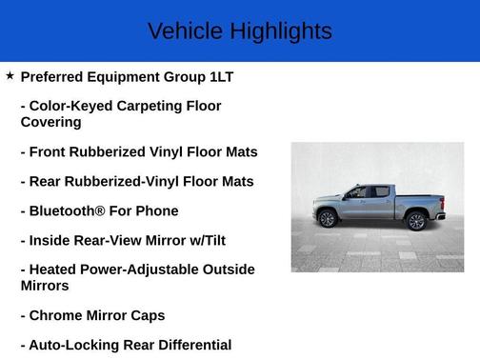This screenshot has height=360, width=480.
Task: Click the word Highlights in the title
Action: pos(279,31)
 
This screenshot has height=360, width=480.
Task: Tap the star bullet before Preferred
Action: pos(10,75)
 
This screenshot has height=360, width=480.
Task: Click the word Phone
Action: pos(158,210)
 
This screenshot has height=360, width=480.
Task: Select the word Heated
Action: pos(54,270)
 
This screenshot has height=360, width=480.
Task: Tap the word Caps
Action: pos(148,315)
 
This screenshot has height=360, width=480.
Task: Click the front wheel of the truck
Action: pos(328,219)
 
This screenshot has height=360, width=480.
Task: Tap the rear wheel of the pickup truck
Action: pos(415,221)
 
